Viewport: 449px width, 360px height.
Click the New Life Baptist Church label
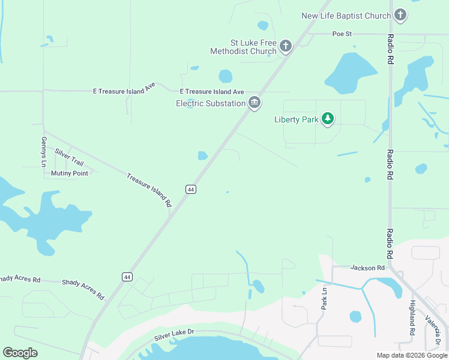(x=346, y=16)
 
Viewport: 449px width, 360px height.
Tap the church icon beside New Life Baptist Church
(x=400, y=16)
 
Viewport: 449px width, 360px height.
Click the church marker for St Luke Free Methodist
(x=286, y=46)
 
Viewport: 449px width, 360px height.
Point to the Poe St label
(x=342, y=34)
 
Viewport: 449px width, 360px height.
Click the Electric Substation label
(x=211, y=103)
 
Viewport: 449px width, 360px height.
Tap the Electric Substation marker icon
(x=255, y=103)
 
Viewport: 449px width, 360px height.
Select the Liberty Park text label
(x=297, y=119)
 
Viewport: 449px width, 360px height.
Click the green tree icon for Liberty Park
(x=328, y=119)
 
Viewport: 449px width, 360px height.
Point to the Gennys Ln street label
(x=44, y=148)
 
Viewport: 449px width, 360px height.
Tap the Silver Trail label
(x=69, y=158)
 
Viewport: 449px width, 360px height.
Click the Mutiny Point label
(x=69, y=173)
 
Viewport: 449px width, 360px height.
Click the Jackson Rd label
(x=367, y=268)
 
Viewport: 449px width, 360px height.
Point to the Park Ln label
(x=325, y=298)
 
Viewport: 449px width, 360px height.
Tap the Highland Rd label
(x=412, y=317)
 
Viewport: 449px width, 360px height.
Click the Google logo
(x=20, y=353)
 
